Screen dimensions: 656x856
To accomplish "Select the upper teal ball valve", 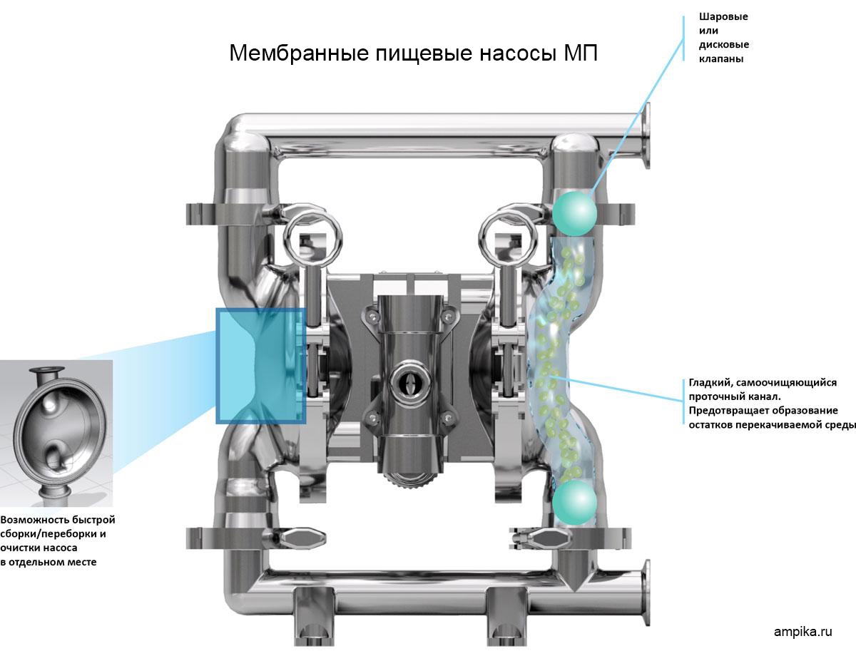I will [574, 212].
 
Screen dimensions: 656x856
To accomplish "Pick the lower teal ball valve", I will [574, 500].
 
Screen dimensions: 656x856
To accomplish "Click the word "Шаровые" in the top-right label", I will [723, 16].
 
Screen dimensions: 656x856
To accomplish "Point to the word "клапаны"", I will [721, 59].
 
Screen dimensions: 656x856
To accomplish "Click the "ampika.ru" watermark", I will [803, 632].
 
